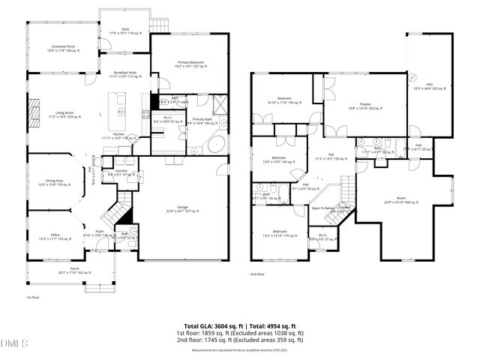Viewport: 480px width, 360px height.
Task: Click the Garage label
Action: [x=182, y=209]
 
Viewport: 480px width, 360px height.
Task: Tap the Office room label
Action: [x=55, y=237]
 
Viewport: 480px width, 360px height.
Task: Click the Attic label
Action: [x=429, y=85]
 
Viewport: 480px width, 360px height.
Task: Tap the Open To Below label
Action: [x=323, y=208]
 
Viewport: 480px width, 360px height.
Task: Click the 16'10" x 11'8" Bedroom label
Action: [x=285, y=100]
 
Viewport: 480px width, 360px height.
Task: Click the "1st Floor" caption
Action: [x=33, y=297]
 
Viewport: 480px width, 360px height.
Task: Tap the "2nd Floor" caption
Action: [x=258, y=274]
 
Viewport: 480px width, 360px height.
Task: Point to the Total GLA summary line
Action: [x=239, y=325]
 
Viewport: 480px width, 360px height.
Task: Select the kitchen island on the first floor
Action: [x=118, y=108]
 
